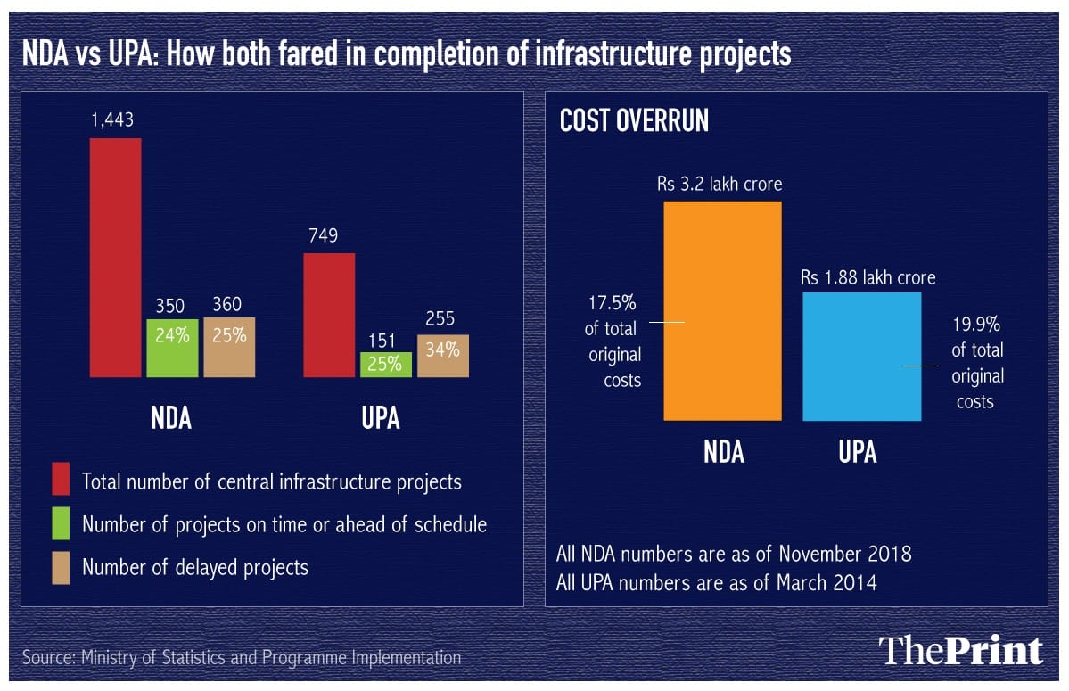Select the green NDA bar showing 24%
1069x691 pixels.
pyautogui.click(x=172, y=348)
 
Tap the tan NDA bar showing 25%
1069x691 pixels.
pyautogui.click(x=228, y=347)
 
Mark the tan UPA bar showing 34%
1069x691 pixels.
pyautogui.click(x=442, y=355)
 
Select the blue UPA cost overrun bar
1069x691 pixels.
pyautogui.click(x=861, y=356)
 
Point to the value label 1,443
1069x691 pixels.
pyautogui.click(x=111, y=120)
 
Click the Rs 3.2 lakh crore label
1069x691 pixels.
pyautogui.click(x=720, y=185)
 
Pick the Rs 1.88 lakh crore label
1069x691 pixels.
pyautogui.click(x=868, y=277)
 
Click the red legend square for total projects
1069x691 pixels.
pyautogui.click(x=61, y=481)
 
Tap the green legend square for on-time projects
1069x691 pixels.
pyautogui.click(x=61, y=524)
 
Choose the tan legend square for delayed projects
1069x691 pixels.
pyautogui.click(x=61, y=566)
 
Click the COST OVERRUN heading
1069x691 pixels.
pyautogui.click(x=634, y=122)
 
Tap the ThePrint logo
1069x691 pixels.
pyautogui.click(x=960, y=651)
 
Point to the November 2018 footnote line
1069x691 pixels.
pyautogui.click(x=733, y=553)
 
